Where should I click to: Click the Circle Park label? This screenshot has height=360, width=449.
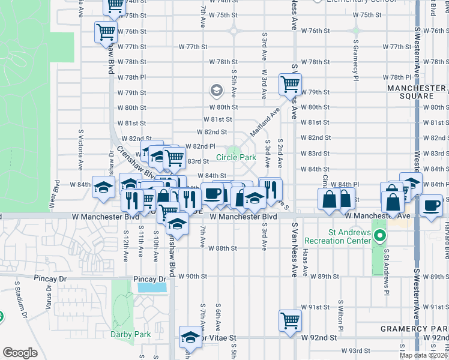[236, 158]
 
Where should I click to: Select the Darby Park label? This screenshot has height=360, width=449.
[122, 334]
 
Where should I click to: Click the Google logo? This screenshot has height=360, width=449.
[20, 352]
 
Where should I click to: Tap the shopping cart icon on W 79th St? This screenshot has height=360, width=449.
[291, 85]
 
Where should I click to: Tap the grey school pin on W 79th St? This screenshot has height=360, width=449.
[216, 91]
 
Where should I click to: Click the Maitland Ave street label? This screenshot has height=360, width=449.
[267, 119]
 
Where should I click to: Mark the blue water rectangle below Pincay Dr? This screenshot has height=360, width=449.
[152, 287]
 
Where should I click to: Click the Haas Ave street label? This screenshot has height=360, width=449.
[306, 263]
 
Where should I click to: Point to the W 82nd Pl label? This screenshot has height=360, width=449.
[200, 146]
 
